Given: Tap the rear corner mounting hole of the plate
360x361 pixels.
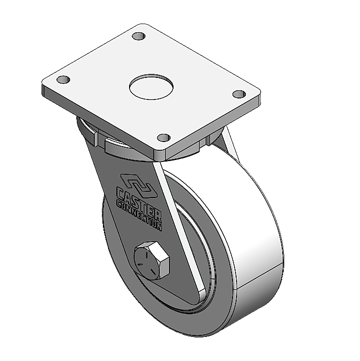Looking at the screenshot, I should click(x=138, y=36).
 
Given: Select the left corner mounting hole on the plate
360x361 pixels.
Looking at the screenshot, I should click(x=62, y=80).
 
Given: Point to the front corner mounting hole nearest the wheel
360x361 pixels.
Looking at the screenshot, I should click(x=163, y=137).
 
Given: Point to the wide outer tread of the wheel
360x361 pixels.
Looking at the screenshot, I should click(x=256, y=246).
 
